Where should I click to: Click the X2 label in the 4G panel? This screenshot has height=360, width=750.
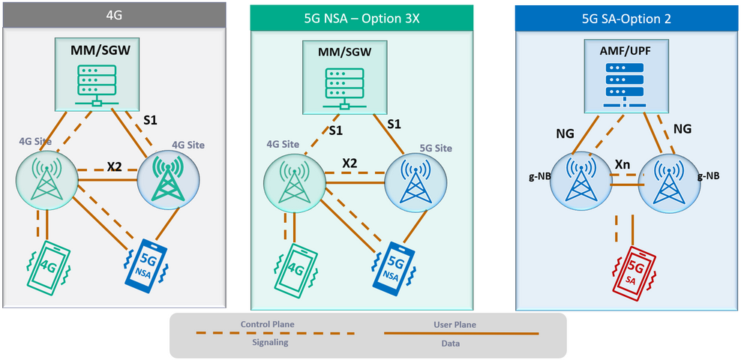tap(114, 166)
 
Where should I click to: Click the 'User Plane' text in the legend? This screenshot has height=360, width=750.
tap(456, 324)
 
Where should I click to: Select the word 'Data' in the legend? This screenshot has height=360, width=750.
tap(456, 342)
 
